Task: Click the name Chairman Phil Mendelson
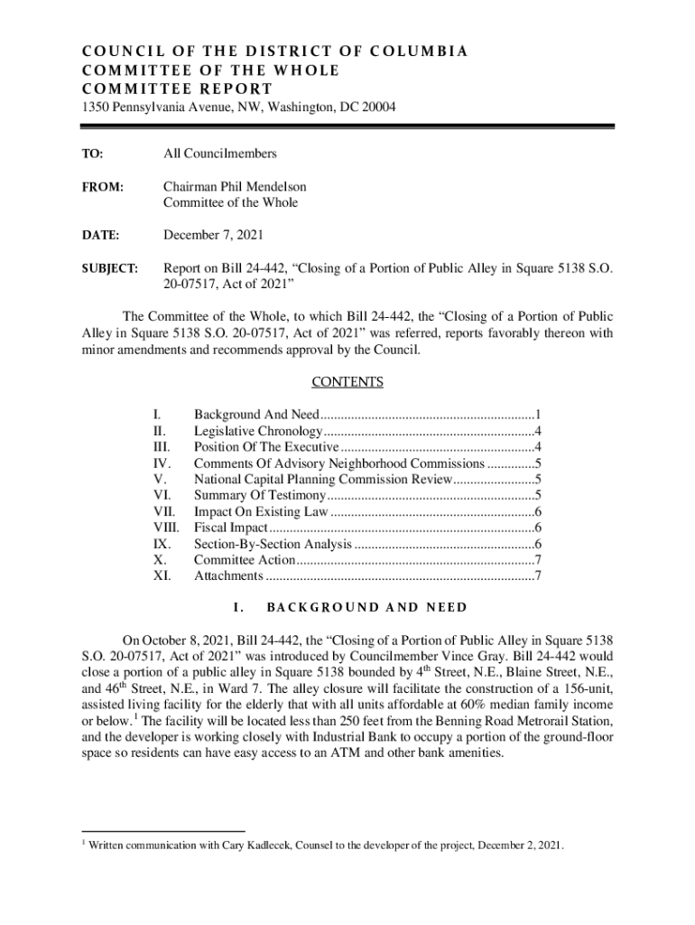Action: (235, 187)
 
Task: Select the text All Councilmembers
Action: (219, 154)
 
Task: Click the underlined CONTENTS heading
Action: (347, 382)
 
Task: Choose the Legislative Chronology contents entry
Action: (257, 431)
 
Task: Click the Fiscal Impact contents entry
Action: (231, 528)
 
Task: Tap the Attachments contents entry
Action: (229, 575)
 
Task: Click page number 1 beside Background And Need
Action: (538, 415)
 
